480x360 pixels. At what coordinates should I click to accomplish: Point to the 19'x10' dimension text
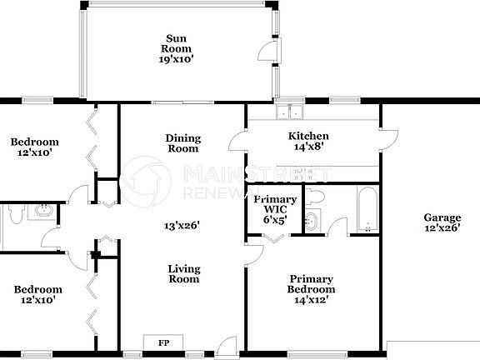tap(175, 59)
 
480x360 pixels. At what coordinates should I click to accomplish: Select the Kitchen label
tap(308, 136)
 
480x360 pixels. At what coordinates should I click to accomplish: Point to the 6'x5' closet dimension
tap(274, 219)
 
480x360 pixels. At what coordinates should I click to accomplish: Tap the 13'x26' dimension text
tap(182, 223)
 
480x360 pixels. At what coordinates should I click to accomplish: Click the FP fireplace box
tap(163, 342)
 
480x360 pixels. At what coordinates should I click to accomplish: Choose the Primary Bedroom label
tap(311, 284)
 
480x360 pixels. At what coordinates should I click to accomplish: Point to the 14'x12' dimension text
tap(311, 300)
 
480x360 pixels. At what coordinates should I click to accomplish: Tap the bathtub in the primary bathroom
tap(367, 211)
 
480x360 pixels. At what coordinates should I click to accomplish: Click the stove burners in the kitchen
tap(308, 173)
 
